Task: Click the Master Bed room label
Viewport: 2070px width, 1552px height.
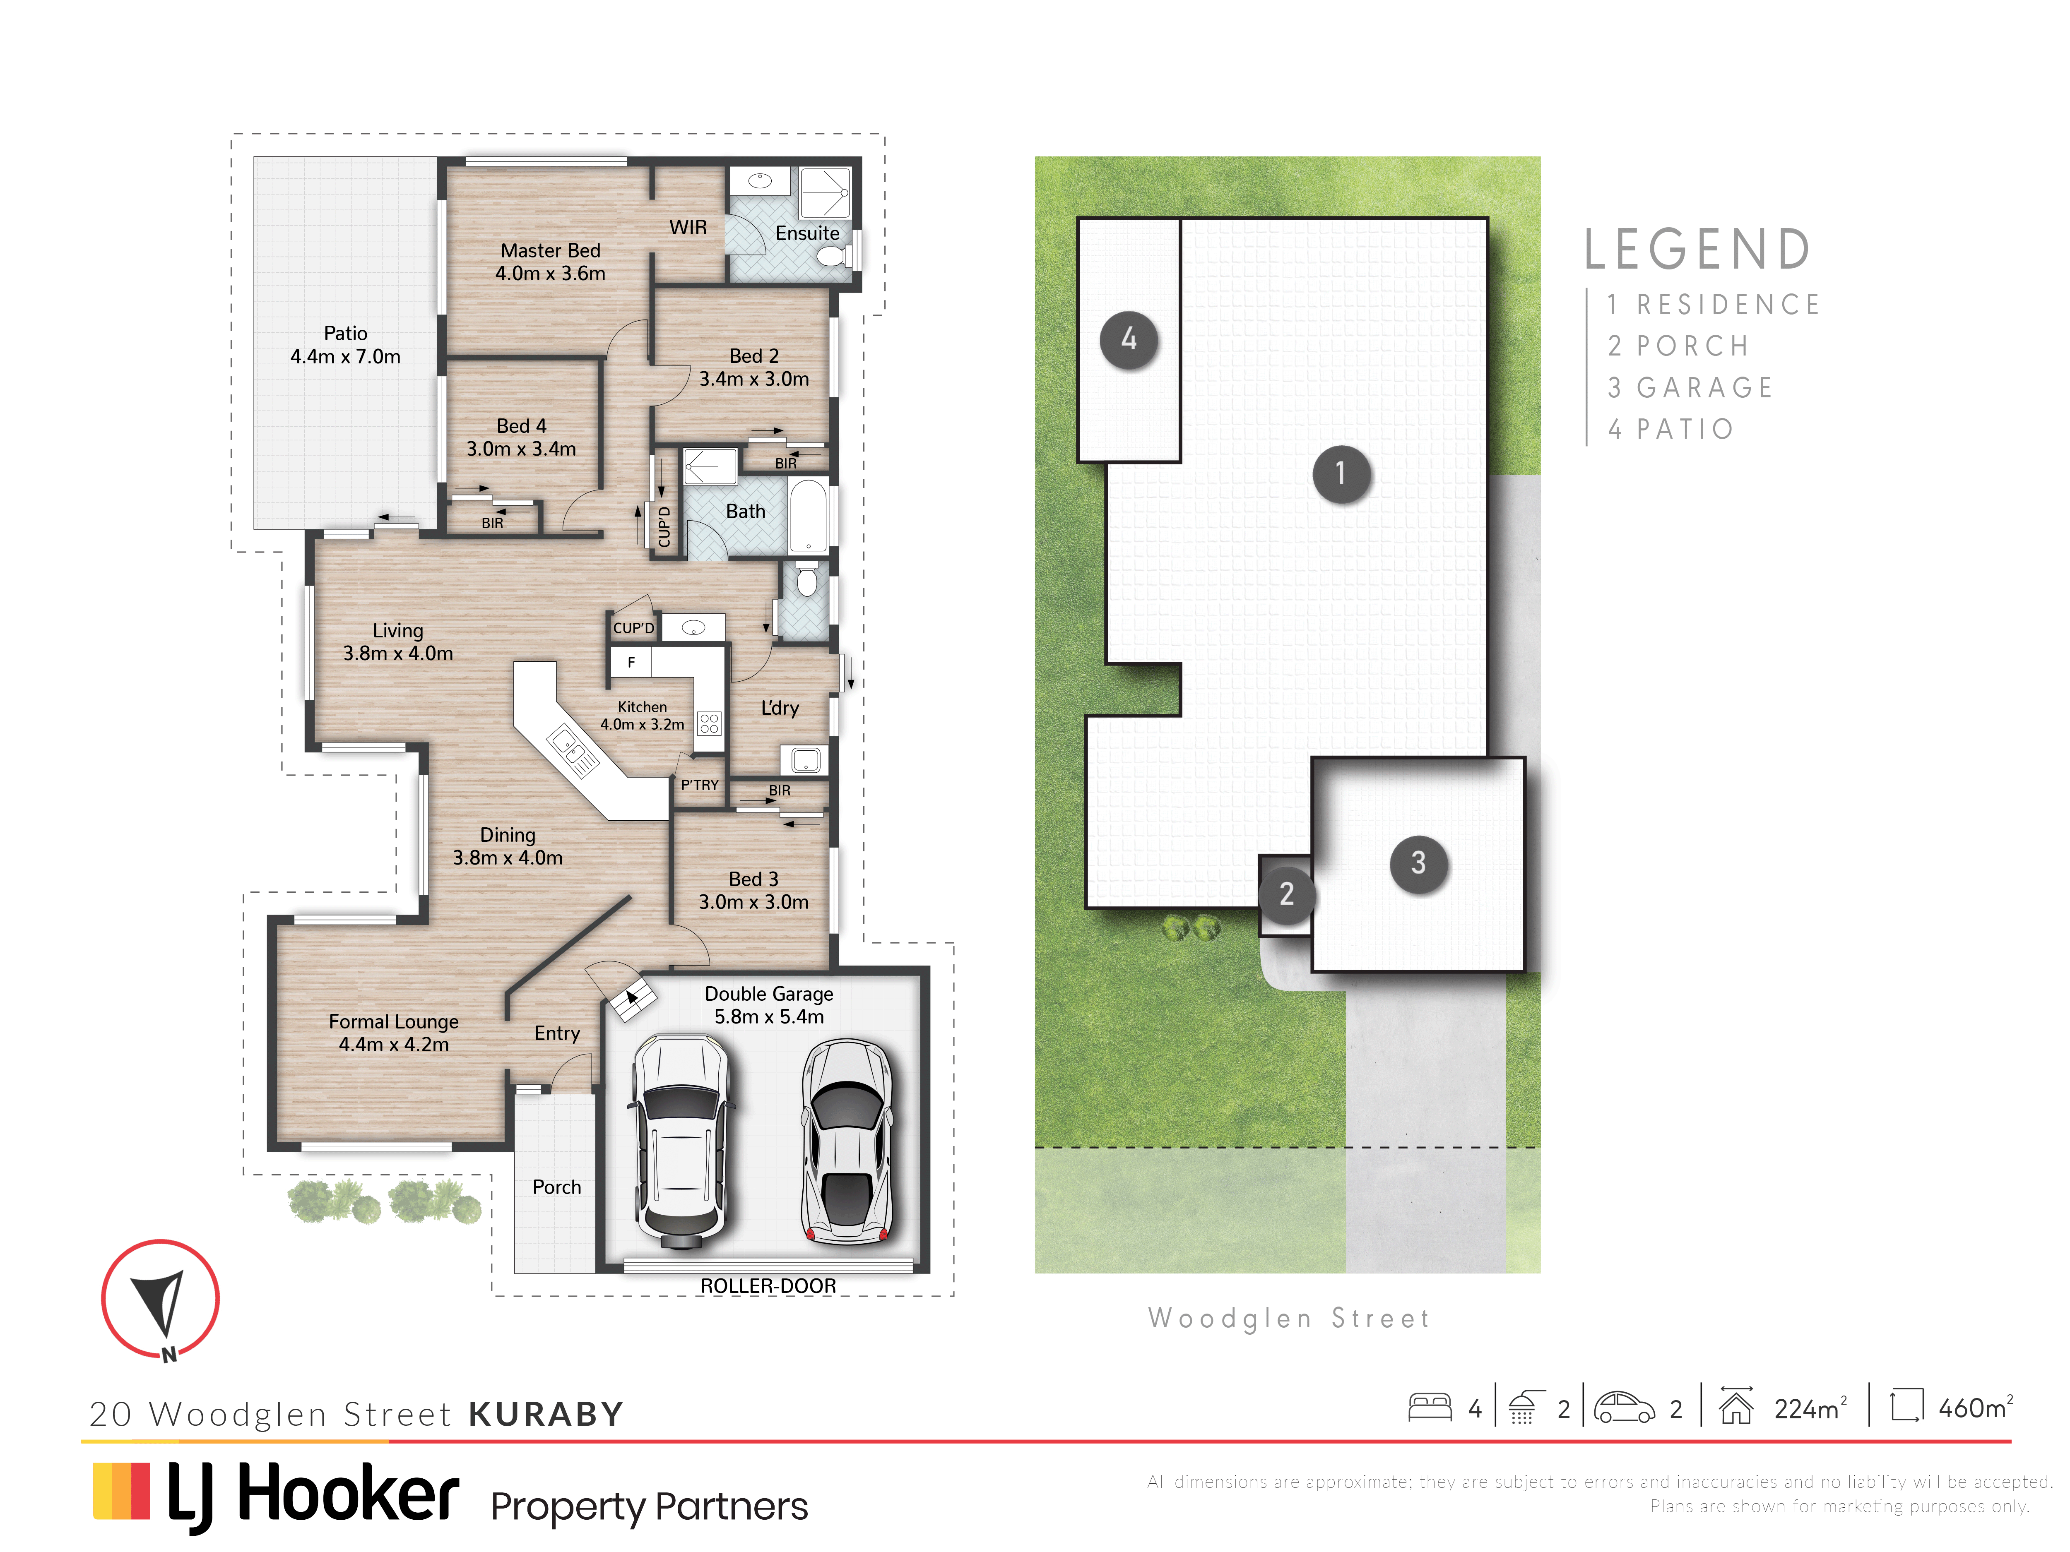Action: tap(550, 262)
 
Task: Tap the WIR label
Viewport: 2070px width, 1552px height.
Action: tap(688, 227)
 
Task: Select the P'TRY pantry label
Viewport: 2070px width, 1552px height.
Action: tap(699, 785)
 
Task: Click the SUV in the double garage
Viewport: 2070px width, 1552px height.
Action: tap(680, 1141)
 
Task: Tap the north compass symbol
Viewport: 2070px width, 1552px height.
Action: tap(160, 1300)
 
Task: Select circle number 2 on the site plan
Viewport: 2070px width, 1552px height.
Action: tap(1287, 894)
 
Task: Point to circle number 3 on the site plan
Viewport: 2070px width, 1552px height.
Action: tap(1419, 862)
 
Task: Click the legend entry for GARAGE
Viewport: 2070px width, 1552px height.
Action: tap(1690, 387)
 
